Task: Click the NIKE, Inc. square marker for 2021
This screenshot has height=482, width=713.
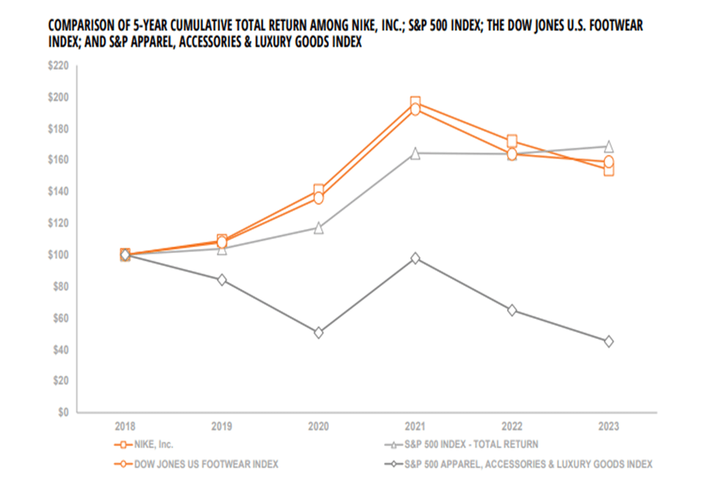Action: [x=415, y=103]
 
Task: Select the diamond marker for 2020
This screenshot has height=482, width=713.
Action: [x=319, y=332]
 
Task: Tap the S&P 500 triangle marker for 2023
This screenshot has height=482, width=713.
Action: [x=609, y=147]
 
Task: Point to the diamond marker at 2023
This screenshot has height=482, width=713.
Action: [x=609, y=341]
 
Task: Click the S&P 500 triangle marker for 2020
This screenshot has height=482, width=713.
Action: [x=319, y=228]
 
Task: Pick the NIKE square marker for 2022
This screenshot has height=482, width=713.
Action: [x=512, y=141]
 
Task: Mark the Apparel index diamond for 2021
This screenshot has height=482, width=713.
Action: [x=415, y=258]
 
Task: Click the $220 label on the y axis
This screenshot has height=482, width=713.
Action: [x=58, y=66]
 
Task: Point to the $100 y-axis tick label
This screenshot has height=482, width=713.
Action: [x=58, y=255]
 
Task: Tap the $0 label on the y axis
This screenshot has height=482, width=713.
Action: [x=63, y=412]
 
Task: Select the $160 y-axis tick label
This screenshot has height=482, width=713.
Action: [x=58, y=160]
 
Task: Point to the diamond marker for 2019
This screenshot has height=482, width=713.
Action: [x=222, y=280]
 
